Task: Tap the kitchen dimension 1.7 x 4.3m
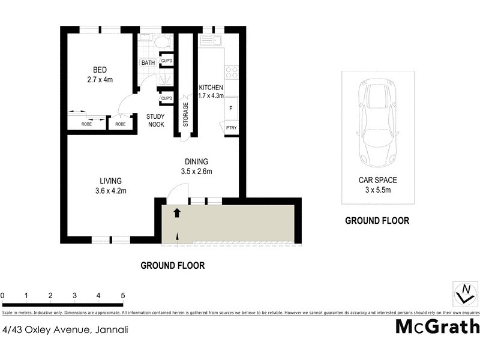(211, 95)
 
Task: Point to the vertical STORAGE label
(185, 114)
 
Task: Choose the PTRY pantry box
(231, 128)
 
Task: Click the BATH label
(148, 63)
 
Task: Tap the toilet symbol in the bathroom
(161, 43)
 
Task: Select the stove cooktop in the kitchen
(231, 73)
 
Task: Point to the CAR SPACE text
(377, 179)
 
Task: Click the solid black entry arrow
(177, 212)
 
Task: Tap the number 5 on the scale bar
(122, 296)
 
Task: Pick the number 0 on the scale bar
(3, 296)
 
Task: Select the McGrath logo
(437, 326)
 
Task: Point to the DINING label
(196, 161)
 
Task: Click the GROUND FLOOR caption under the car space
(377, 221)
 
